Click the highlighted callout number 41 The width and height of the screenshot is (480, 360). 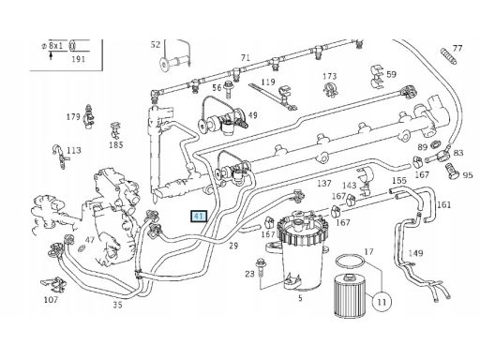pyautogui.click(x=199, y=217)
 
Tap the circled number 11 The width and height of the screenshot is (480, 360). pyautogui.click(x=382, y=302)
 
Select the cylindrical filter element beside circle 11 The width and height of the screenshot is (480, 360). pyautogui.click(x=349, y=295)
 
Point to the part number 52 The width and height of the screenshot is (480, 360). pyautogui.click(x=156, y=45)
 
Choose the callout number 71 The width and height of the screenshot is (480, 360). pyautogui.click(x=246, y=57)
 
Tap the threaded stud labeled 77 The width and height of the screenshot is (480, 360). pyautogui.click(x=449, y=56)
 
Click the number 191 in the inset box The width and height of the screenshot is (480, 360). pyautogui.click(x=78, y=59)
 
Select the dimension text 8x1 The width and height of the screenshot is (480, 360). pyautogui.click(x=55, y=46)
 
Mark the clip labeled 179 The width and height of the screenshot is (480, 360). pyautogui.click(x=89, y=116)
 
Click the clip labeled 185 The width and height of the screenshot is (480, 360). pyautogui.click(x=115, y=130)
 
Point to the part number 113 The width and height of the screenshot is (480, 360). pyautogui.click(x=74, y=150)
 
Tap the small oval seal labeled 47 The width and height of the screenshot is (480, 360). pyautogui.click(x=82, y=248)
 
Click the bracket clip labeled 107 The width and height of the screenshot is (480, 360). pyautogui.click(x=53, y=284)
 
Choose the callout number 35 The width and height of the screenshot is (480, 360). pyautogui.click(x=117, y=305)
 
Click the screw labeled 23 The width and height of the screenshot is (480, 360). pyautogui.click(x=260, y=267)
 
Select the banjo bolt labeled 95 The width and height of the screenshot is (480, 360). pyautogui.click(x=451, y=171)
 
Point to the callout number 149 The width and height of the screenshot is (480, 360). pyautogui.click(x=415, y=253)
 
